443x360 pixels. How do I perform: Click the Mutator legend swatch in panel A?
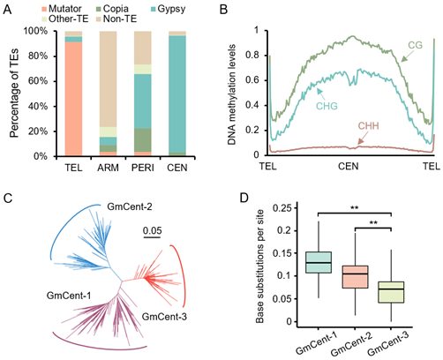[x=44, y=9]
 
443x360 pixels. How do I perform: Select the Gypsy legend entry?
[x=168, y=9]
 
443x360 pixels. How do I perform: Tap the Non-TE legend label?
[x=120, y=19]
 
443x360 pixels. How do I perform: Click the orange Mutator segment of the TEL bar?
[x=73, y=99]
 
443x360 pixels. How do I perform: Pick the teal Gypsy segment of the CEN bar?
[x=177, y=94]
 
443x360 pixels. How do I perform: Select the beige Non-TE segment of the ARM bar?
[x=108, y=79]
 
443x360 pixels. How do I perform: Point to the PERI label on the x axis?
[x=143, y=168]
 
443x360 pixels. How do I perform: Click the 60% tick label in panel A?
[x=38, y=81]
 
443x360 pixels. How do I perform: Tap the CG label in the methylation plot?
[x=415, y=45]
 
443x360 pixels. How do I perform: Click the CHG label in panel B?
[x=327, y=106]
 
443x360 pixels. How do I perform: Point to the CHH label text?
[x=368, y=126]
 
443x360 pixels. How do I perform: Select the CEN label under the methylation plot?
[x=349, y=167]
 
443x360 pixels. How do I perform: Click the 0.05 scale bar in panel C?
[x=153, y=236]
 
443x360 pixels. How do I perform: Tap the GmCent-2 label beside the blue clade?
[x=130, y=206]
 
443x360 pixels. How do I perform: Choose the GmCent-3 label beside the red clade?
[x=164, y=317]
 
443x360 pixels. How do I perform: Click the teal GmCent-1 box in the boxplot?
[x=319, y=262]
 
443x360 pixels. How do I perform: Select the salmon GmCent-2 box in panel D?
[x=355, y=277]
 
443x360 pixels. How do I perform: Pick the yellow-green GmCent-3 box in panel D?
[x=391, y=292]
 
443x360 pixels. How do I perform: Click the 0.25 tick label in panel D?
[x=282, y=208]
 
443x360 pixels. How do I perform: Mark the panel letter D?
[x=244, y=198]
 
